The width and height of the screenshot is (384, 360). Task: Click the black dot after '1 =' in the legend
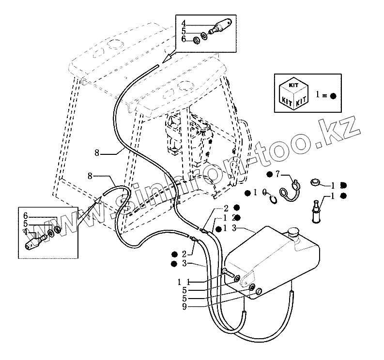(333, 96)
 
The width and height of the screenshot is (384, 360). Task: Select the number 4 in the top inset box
(184, 23)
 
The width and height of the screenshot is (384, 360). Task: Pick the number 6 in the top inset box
(184, 39)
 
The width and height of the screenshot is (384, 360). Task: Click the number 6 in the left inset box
(26, 215)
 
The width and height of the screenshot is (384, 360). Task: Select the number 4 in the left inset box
(26, 231)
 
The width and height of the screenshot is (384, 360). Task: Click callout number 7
(277, 173)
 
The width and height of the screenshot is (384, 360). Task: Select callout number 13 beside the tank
(230, 228)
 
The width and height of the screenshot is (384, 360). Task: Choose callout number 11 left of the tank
(182, 282)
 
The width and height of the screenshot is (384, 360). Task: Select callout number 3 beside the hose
(184, 263)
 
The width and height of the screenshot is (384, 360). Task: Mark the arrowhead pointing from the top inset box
(168, 59)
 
